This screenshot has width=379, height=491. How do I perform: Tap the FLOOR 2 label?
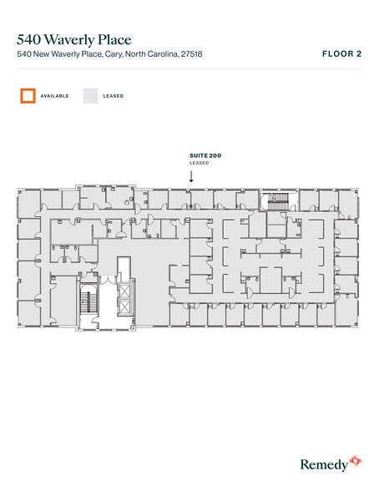(x=341, y=54)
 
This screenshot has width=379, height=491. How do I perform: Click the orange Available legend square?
(x=28, y=95)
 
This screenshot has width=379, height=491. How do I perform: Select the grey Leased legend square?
(x=89, y=95)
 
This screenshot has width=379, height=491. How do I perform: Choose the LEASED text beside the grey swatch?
(x=114, y=96)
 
